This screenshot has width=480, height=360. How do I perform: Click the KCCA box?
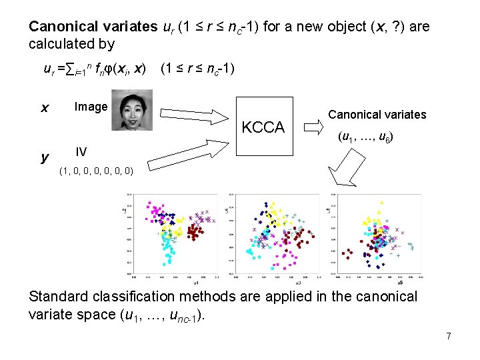[263, 127]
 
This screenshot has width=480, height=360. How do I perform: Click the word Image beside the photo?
[91, 107]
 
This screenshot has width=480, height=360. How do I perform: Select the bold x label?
[44, 107]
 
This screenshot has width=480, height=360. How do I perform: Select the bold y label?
[44, 157]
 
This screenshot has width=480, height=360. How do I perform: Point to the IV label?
[81, 151]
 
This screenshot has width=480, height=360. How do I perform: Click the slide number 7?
[449, 337]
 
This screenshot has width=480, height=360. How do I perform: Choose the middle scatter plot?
[274, 234]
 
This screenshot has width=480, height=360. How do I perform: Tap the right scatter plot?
[377, 234]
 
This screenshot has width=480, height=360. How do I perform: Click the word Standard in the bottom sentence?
[58, 296]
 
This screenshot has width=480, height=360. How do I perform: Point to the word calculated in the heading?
[61, 44]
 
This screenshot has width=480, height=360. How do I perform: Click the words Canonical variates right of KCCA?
[377, 115]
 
